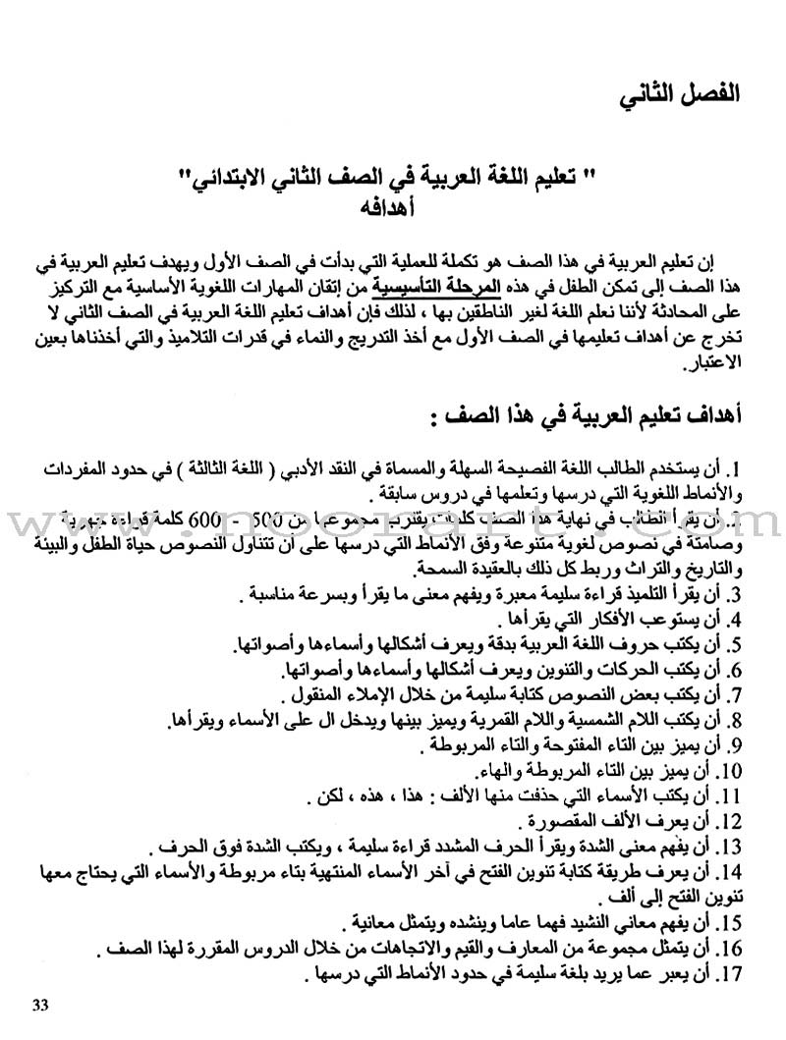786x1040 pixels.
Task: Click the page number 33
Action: coord(40,1003)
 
